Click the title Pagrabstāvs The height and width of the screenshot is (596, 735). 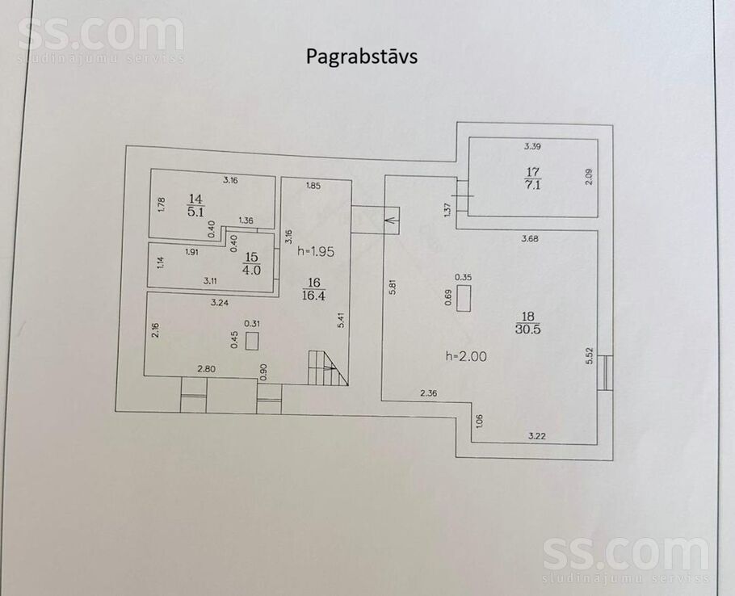[361, 57]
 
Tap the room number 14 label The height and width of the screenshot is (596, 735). [195, 199]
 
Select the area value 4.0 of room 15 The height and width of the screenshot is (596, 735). [251, 270]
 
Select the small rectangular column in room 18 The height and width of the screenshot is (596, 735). [464, 300]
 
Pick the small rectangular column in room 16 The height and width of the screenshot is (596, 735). [252, 340]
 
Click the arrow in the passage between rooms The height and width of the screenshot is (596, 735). [392, 218]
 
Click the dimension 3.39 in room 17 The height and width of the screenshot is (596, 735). [531, 146]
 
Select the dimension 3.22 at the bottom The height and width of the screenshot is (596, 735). [537, 436]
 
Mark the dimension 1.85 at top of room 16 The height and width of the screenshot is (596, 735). [313, 187]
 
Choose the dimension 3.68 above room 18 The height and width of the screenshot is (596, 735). [530, 238]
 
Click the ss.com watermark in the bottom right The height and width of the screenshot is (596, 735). [626, 555]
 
